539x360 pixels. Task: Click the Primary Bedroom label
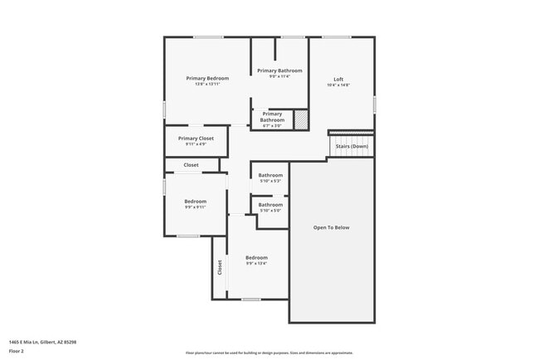(207, 78)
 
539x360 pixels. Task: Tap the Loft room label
(338, 79)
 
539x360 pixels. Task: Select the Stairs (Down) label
(352, 146)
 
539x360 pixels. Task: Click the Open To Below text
(331, 227)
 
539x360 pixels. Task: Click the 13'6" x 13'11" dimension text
(207, 84)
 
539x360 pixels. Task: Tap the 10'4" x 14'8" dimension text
(338, 85)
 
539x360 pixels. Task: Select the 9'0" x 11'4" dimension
(279, 76)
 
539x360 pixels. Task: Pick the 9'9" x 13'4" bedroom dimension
(256, 264)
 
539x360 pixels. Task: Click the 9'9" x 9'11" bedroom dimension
(195, 207)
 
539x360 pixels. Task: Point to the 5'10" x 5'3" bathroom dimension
(270, 181)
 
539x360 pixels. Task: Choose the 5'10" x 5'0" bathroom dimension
(270, 211)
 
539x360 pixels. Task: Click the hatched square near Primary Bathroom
(301, 119)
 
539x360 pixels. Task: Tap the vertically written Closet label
(220, 267)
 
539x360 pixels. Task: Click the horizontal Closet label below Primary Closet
(191, 165)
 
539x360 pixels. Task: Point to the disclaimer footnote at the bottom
(269, 353)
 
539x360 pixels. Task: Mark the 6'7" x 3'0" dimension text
(272, 126)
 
